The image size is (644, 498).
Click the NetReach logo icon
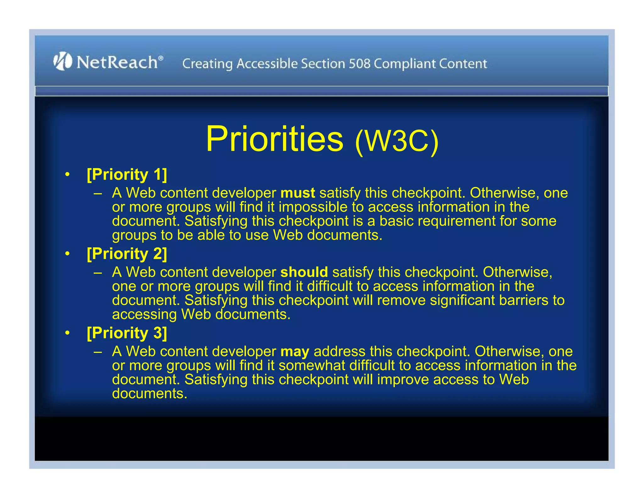pos(63,61)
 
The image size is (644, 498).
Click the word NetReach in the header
pos(117,62)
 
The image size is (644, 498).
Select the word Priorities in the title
pos(275,139)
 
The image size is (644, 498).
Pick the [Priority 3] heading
pos(127,333)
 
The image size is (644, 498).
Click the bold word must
pos(297,193)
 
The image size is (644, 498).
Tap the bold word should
pos(304,272)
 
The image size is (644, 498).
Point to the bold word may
pos(295,352)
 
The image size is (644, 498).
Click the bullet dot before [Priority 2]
pos(67,254)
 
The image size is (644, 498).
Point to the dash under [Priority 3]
pos(98,351)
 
